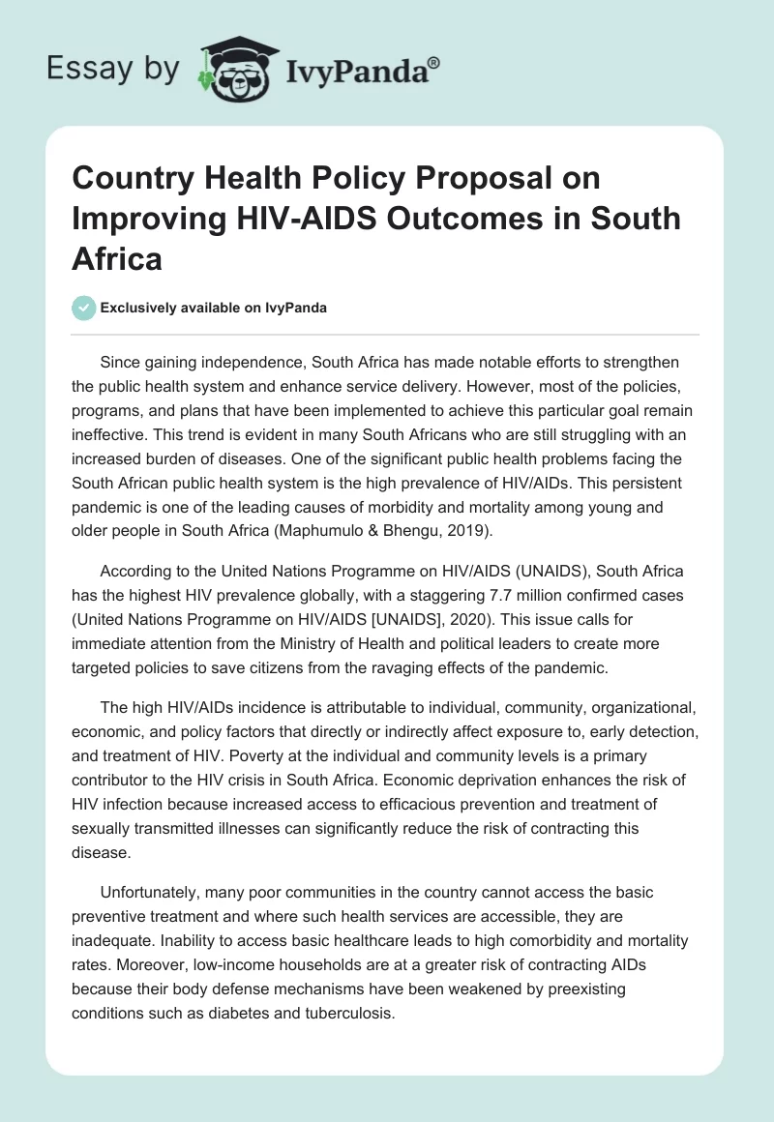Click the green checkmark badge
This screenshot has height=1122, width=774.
(83, 308)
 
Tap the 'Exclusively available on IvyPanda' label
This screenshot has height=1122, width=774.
(213, 308)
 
